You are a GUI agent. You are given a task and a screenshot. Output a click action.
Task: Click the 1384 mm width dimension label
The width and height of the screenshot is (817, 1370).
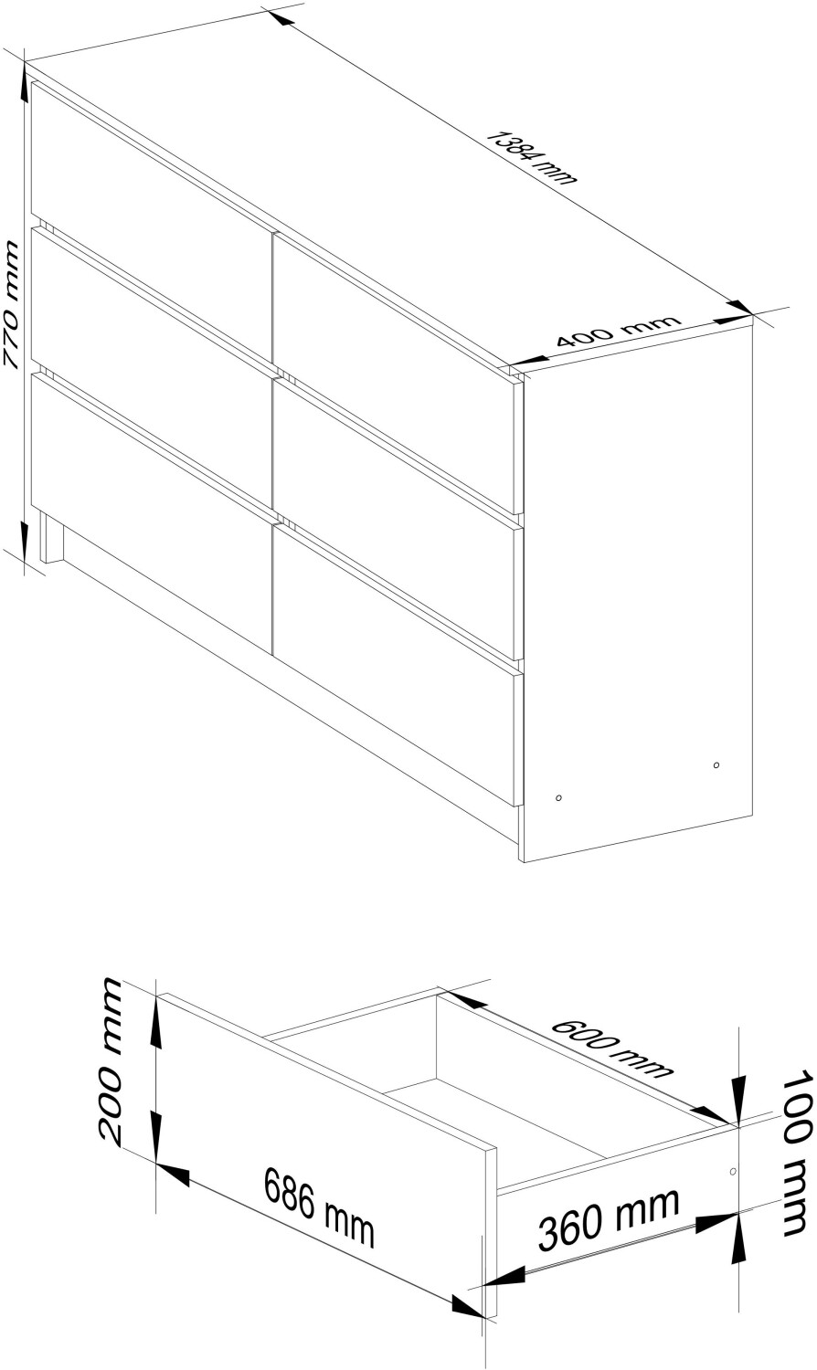click(x=531, y=157)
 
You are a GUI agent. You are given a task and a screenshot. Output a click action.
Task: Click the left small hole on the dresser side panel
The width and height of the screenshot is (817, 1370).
click(x=558, y=797)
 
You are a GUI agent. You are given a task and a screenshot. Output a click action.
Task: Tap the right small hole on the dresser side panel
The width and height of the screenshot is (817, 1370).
click(x=716, y=765)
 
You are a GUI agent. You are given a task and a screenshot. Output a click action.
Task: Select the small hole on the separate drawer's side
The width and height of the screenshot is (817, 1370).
click(x=733, y=1171)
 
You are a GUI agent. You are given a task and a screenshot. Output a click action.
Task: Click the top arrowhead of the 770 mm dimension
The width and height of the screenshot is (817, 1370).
click(x=24, y=89)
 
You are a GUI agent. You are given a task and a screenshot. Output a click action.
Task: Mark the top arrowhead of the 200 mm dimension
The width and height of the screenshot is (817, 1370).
click(x=157, y=1025)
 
